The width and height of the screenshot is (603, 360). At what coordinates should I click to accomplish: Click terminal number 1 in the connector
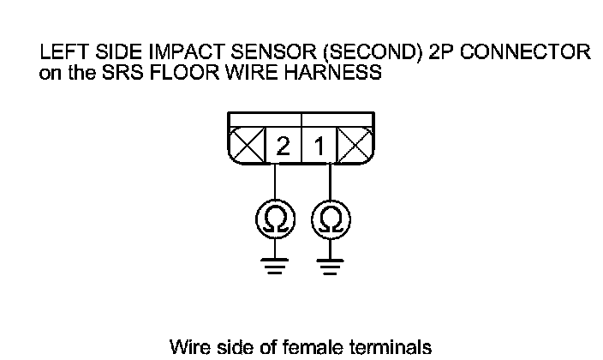point(320,147)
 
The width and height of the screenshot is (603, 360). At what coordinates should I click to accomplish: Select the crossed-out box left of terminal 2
point(248,147)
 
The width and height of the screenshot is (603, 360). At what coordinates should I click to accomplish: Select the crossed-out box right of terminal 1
point(354,147)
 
